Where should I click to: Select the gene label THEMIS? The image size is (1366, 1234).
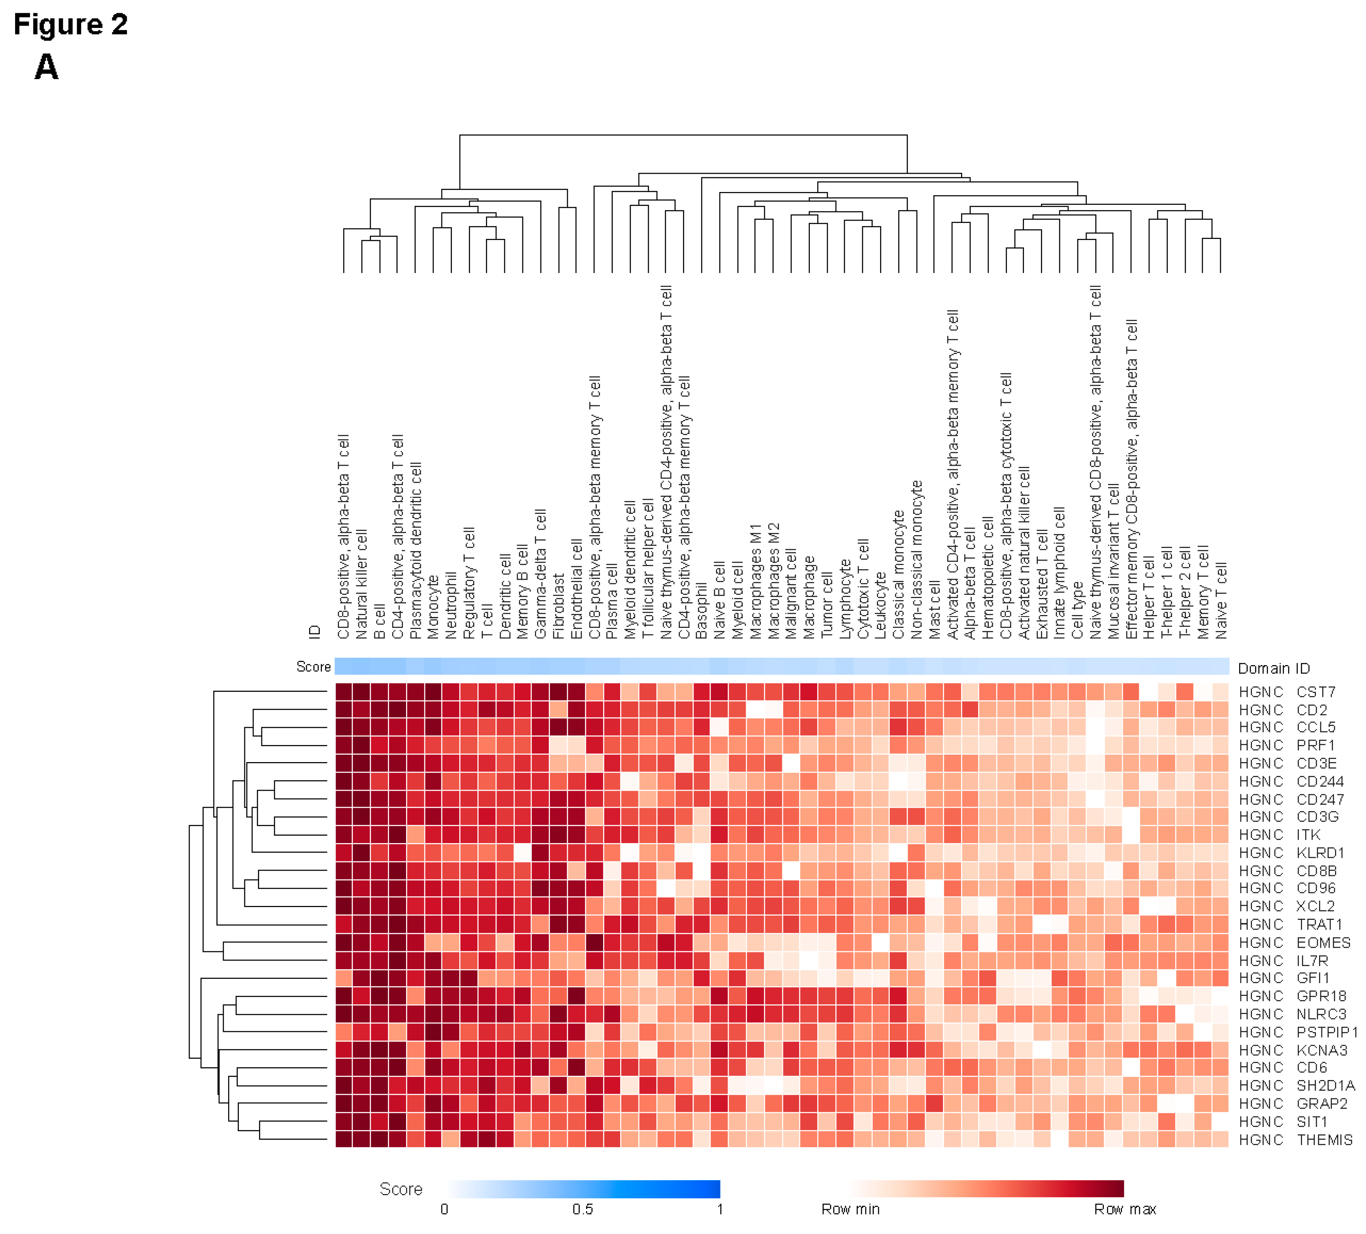(x=1324, y=1140)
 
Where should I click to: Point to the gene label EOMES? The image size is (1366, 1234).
(x=1323, y=943)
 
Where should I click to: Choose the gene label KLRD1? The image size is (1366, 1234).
(x=1320, y=852)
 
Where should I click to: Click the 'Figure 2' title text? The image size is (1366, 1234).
(x=71, y=25)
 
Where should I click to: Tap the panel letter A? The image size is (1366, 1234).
(x=46, y=67)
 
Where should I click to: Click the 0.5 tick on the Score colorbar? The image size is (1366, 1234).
(x=583, y=1209)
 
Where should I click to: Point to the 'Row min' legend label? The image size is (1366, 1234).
(x=851, y=1209)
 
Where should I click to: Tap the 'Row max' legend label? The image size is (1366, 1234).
(x=1125, y=1209)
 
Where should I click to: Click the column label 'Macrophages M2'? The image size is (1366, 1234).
(x=773, y=581)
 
